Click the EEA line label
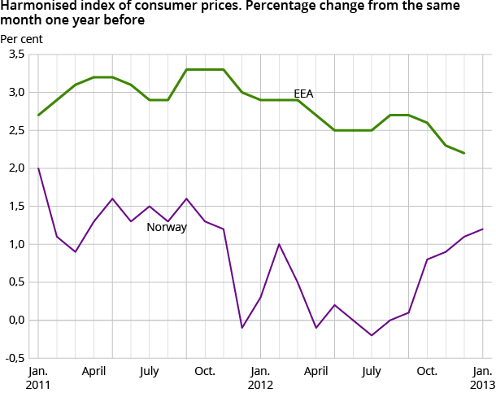point(304,94)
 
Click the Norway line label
point(167,228)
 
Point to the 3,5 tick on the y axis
point(16,54)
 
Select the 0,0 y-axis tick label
point(16,320)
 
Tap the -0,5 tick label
point(15,358)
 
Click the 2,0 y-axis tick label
point(16,168)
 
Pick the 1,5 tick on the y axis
point(16,206)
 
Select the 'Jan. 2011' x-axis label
point(38,377)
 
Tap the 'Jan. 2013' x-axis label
point(481,377)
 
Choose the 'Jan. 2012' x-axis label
point(260,377)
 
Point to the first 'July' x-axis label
point(150,371)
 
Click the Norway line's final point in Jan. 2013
point(482,229)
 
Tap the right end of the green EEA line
point(463,153)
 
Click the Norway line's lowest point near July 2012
point(372,335)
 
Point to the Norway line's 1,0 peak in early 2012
point(279,244)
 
